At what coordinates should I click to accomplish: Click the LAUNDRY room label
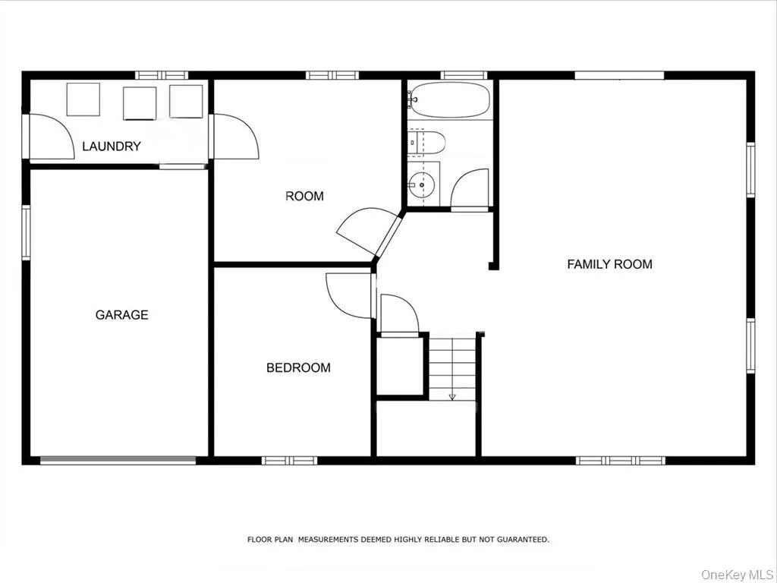point(112,147)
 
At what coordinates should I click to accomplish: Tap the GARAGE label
point(122,315)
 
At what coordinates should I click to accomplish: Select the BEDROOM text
point(298,367)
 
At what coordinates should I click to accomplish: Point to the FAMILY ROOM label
point(609,264)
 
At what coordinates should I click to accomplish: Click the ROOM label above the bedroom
point(305,197)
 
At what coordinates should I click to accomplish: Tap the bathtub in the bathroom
point(449,99)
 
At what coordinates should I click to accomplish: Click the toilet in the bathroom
point(426,142)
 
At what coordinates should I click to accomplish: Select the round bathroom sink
point(421,185)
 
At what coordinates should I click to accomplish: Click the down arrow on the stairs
point(452,396)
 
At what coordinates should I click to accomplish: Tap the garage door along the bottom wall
point(118,461)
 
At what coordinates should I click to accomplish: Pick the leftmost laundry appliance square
point(83,99)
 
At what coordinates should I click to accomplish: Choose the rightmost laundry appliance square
point(187,102)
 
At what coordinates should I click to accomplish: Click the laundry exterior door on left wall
point(26,137)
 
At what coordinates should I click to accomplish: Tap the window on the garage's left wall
point(26,232)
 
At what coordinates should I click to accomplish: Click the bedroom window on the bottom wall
point(289,461)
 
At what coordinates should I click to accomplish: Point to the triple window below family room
point(621,461)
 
